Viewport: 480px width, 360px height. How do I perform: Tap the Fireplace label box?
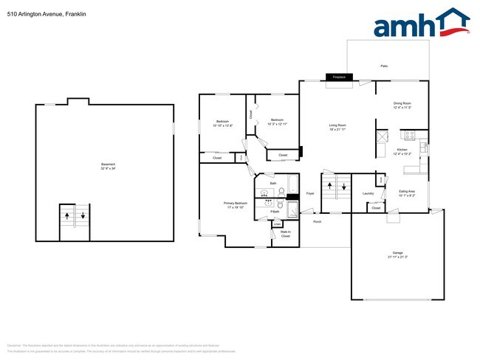[x=339, y=77]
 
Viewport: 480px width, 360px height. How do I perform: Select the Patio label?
[x=384, y=66]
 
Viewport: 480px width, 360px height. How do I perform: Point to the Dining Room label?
[x=402, y=105]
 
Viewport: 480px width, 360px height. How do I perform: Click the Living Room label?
[x=337, y=127]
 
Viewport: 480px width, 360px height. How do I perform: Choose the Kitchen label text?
[x=402, y=151]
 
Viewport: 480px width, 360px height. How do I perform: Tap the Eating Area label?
[x=407, y=193]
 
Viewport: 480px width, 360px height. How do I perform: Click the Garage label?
[x=397, y=254]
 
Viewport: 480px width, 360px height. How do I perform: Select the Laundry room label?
[x=368, y=194]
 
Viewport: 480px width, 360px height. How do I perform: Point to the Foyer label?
[x=310, y=193]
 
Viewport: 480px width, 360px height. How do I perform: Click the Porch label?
[x=317, y=221]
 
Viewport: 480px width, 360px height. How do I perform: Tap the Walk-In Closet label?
[x=285, y=235]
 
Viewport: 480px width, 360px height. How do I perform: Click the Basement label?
[x=108, y=166]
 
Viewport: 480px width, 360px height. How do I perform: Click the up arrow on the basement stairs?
[x=67, y=216]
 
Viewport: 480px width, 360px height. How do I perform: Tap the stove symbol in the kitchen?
[x=410, y=135]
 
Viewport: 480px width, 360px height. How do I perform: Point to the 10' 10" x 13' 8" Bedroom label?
[x=222, y=123]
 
